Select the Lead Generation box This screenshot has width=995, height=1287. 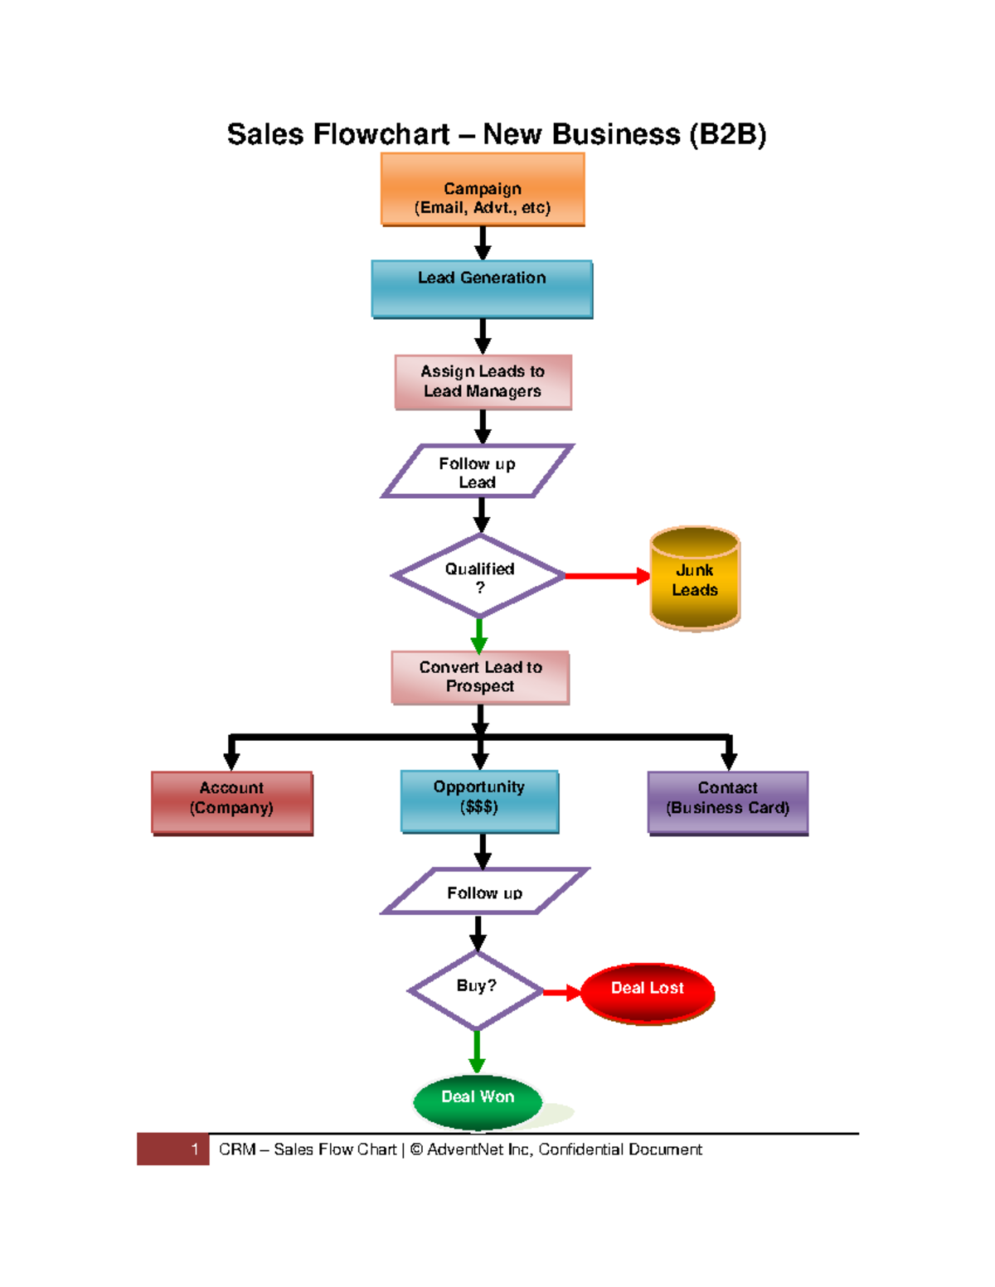coord(482,289)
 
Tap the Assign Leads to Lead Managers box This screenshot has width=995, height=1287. coord(483,382)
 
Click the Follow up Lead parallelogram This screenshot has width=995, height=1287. coord(477,472)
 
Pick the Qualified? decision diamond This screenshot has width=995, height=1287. coord(479,577)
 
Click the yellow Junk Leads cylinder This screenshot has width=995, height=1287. coord(695,580)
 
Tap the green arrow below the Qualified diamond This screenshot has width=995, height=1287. coord(478,636)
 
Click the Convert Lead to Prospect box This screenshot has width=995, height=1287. coord(480,677)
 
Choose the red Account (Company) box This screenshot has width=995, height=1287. coord(232,802)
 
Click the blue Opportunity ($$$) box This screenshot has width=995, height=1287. coord(479,801)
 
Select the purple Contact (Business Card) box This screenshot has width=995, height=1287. coord(727,802)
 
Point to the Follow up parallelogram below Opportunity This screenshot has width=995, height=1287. coord(484,892)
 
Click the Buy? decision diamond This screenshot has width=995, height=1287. coord(476,990)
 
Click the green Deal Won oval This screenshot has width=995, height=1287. coord(478,1101)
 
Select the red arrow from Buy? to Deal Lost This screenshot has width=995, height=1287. coord(561,992)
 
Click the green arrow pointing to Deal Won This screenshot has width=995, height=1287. coord(477,1051)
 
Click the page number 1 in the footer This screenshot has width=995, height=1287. coord(194,1149)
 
